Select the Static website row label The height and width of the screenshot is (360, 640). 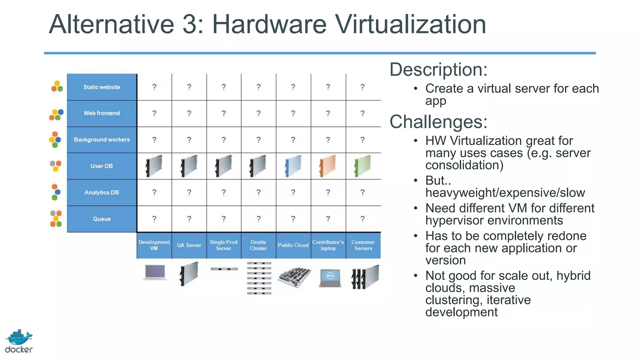point(102,87)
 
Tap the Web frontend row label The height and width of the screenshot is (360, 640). point(102,113)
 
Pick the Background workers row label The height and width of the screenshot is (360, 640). point(102,140)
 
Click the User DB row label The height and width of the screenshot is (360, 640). point(102,166)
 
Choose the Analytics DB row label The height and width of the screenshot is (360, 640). point(102,192)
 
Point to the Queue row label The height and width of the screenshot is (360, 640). point(102,219)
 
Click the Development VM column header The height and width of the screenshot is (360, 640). point(154,245)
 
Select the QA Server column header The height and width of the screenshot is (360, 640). point(189,245)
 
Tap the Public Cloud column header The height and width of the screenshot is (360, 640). point(293,245)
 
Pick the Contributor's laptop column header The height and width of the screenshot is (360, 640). point(328,245)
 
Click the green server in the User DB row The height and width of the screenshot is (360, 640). point(362,166)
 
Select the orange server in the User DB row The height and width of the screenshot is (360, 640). point(327,166)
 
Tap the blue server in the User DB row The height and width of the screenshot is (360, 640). point(293,166)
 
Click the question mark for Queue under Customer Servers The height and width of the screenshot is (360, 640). point(362,219)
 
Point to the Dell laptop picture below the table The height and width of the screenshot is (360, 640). point(330,277)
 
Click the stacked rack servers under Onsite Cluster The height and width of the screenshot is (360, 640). point(259,278)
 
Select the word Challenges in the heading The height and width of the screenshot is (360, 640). point(438,122)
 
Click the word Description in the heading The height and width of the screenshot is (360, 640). point(438,69)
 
